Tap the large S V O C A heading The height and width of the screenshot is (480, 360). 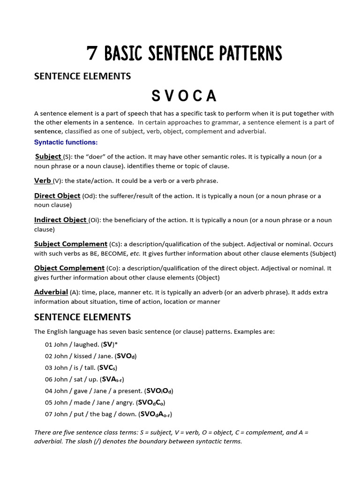pos(184,96)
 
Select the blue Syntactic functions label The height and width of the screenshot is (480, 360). pos(66,142)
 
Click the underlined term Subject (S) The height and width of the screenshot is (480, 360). pos(49,157)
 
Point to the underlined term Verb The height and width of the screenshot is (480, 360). pos(43,180)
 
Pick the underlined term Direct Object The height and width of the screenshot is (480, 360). pos(57,196)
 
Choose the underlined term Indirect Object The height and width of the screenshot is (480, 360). pos(60,220)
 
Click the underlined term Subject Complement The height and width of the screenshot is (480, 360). pos(71,244)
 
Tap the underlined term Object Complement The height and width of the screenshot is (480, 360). pos(69,268)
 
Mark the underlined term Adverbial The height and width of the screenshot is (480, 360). pos(51,292)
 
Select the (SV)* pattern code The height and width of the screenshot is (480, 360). pos(112,345)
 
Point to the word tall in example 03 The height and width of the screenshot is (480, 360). pos(88,368)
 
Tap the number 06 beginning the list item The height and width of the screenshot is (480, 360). pos(49,379)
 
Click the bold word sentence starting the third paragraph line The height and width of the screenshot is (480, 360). pos(48,131)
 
